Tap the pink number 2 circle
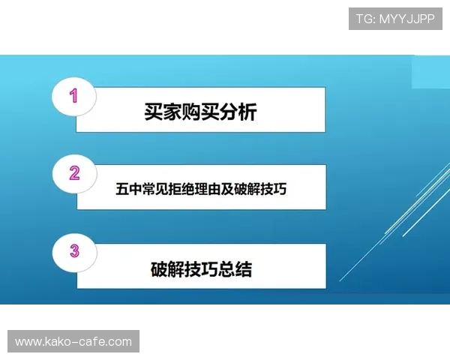tap(73, 174)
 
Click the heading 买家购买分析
tap(200, 112)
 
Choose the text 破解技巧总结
tap(201, 268)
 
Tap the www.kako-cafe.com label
tap(73, 342)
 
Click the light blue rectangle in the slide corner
tap(431, 71)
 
